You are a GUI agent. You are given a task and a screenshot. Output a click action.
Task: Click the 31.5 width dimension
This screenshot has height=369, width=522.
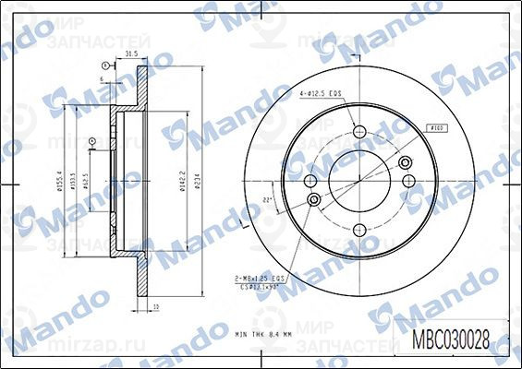click(x=131, y=56)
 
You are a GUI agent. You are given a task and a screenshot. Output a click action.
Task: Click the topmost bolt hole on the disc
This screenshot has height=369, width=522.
click(x=359, y=132)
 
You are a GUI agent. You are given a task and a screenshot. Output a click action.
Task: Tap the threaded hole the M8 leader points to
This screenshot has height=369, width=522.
click(x=313, y=199)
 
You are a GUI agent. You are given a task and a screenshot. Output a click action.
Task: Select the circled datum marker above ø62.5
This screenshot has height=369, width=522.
click(x=91, y=140)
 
